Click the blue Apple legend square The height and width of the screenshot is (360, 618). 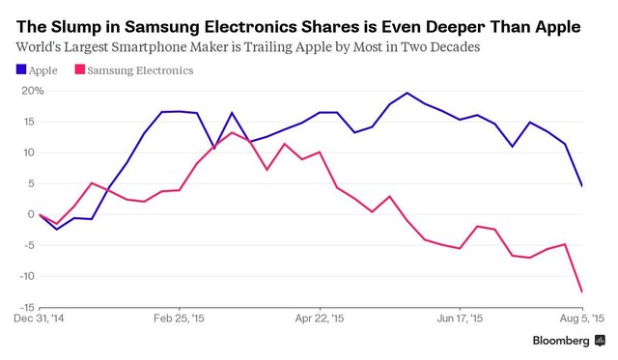(x=21, y=69)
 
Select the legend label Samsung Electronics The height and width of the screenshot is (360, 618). (x=140, y=69)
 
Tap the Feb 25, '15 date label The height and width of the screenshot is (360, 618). (x=179, y=318)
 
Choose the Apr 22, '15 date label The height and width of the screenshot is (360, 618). (x=320, y=318)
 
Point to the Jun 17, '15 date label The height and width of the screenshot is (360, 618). (x=460, y=318)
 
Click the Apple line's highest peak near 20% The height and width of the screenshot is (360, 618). (x=407, y=93)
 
